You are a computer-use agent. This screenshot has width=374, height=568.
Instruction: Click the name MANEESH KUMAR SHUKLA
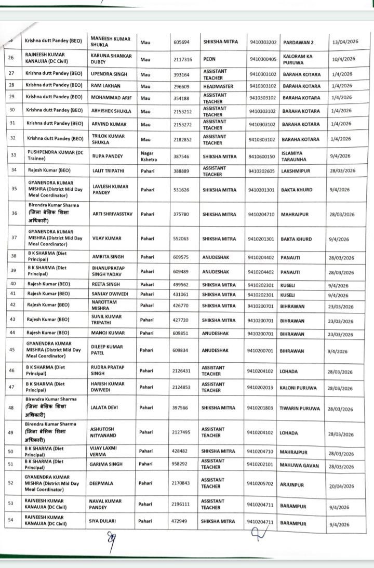[x=107, y=42]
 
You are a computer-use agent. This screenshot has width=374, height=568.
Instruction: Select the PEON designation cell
[x=209, y=59]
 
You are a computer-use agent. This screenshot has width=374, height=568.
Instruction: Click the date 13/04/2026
[x=344, y=43]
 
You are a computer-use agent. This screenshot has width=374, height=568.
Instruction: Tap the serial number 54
[x=11, y=520]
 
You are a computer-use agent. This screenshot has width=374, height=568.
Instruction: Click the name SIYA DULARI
[x=104, y=521]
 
